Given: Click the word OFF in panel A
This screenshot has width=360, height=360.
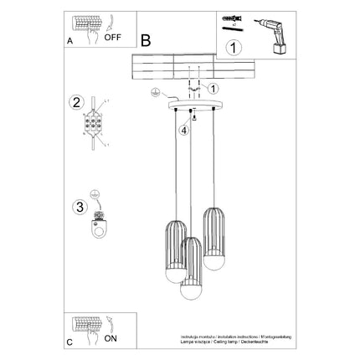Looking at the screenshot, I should (x=113, y=38).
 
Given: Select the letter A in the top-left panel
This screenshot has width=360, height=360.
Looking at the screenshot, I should (x=68, y=39).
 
